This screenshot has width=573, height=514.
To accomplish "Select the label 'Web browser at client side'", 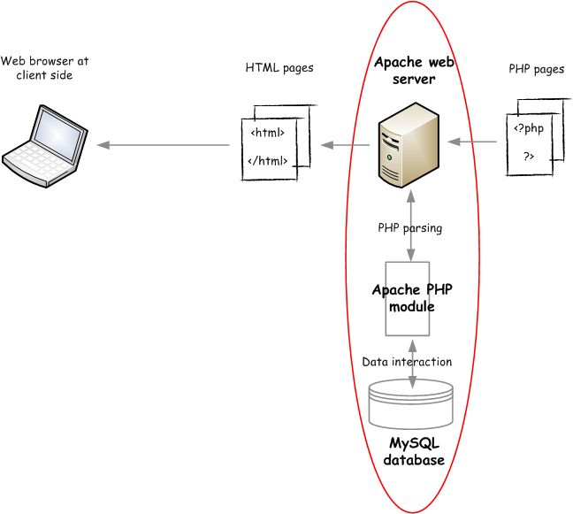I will click(x=44, y=68).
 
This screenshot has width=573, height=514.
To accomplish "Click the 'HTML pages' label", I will click(x=279, y=68).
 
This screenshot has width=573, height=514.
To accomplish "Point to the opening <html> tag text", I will click(x=268, y=134).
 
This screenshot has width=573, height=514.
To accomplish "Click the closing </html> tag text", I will click(x=268, y=160).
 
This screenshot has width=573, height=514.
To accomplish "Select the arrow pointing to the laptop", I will click(x=164, y=145).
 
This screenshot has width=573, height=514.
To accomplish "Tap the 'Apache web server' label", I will click(x=413, y=71).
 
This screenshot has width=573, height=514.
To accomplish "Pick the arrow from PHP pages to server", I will click(x=473, y=141).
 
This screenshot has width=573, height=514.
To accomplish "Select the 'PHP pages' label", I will click(x=537, y=69).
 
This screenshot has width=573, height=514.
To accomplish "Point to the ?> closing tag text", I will click(x=529, y=156).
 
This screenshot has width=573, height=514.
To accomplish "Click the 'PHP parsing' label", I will click(x=410, y=227).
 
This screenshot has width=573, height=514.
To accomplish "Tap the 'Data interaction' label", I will click(x=407, y=362).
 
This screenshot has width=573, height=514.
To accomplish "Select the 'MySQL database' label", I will click(x=414, y=451).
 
